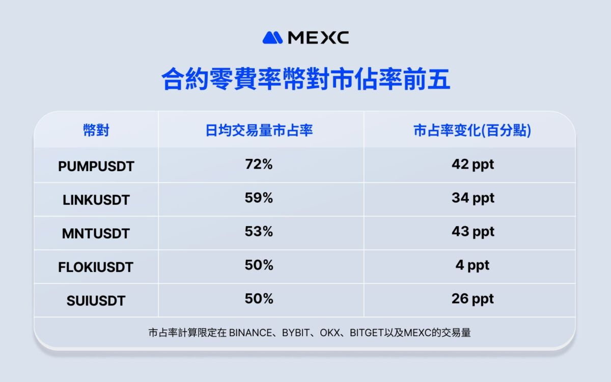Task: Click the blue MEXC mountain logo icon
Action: coord(272,38)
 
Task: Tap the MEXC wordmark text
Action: coord(318,38)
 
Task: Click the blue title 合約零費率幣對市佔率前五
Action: coord(305,79)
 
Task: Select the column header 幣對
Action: coord(96,130)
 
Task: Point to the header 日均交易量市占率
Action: coord(259,130)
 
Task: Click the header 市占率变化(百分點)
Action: coord(472,130)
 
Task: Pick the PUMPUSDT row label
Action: coord(96,166)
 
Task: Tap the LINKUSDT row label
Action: coord(96,200)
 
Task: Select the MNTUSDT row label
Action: coord(96,234)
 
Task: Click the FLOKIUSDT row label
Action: coord(96,267)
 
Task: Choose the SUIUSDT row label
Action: coord(96,301)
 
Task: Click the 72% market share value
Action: coord(259,164)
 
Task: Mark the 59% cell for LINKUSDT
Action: coord(259,198)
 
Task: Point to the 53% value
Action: coord(259,231)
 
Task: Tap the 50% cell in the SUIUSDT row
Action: coord(259,298)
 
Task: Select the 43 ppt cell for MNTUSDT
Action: coord(473,232)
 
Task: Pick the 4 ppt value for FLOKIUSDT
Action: coord(473,265)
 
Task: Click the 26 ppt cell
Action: coord(473,299)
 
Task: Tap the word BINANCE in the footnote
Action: coord(251,333)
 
